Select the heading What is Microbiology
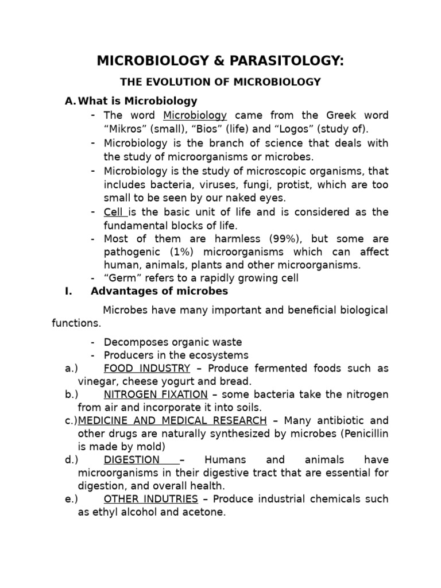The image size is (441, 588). point(138,101)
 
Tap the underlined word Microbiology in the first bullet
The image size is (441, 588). point(195,115)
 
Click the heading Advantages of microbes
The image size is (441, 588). point(159,291)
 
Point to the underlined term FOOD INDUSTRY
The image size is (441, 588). point(146,368)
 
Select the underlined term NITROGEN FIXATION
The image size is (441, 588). point(156,394)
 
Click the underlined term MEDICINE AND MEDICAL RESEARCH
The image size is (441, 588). point(172,421)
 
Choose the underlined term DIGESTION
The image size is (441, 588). point(132,460)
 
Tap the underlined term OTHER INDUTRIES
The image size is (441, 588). point(151,499)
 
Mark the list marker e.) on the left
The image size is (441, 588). point(72,499)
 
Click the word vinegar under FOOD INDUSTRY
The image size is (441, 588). point(96,381)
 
